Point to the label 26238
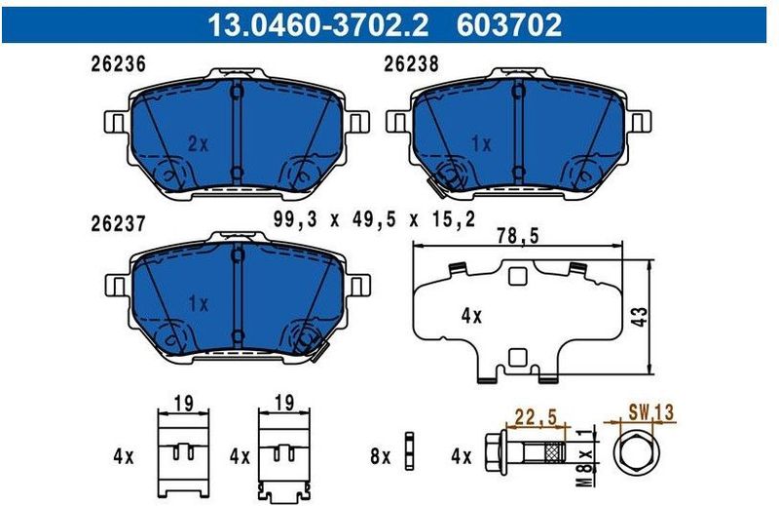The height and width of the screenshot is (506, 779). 411,65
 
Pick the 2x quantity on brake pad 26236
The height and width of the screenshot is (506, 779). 198,143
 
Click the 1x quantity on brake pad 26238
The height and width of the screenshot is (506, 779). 480,143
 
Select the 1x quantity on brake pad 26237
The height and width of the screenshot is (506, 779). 198,303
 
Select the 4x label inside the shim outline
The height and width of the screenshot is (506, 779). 471,316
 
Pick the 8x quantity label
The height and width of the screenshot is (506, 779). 379,455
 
